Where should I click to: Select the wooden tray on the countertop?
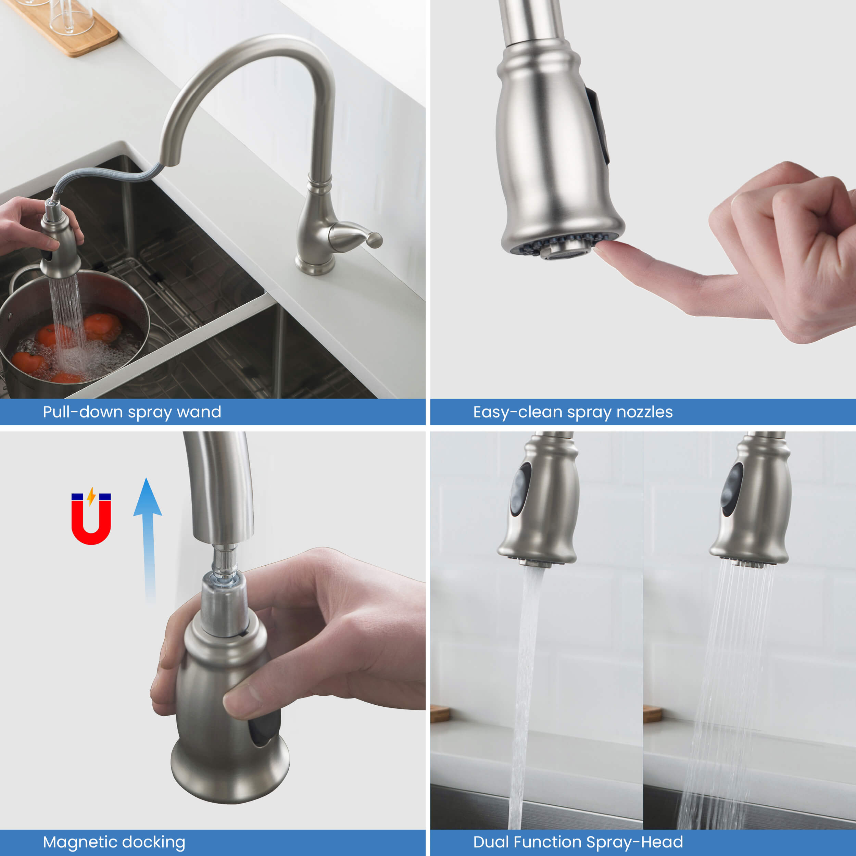[x=66, y=27]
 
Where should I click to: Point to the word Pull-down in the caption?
[x=83, y=412]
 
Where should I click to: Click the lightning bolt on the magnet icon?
[x=91, y=496]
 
